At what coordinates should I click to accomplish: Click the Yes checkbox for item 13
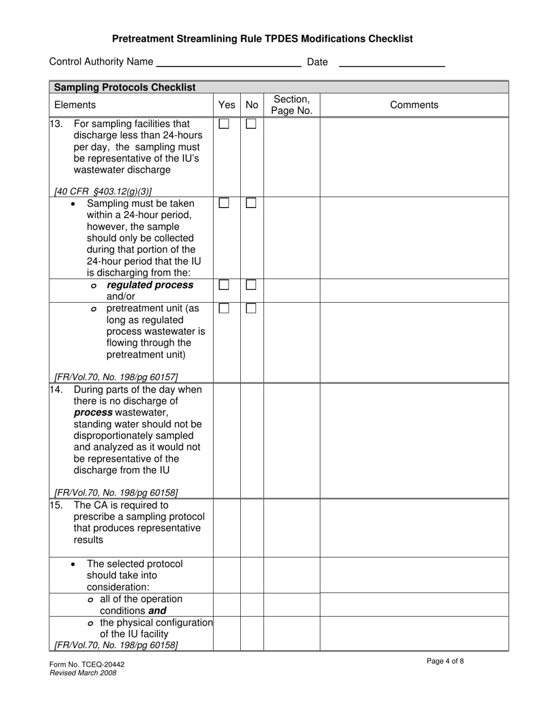coord(224,124)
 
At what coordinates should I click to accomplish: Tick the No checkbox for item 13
coord(251,124)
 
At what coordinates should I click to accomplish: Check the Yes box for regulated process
coord(224,284)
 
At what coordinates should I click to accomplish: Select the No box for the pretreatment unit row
coord(251,308)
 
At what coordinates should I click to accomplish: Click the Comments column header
coord(414,105)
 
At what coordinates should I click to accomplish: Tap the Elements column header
coord(75,105)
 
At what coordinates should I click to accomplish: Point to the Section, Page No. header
coord(291,105)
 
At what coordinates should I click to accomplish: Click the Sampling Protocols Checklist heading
coord(125,87)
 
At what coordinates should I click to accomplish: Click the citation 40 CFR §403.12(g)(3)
coord(103,191)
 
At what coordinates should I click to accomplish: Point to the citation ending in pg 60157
coord(116,377)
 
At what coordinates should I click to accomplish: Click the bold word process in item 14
coord(93,413)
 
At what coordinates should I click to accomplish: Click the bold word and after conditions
coord(157,611)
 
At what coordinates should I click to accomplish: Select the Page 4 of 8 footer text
coord(445,661)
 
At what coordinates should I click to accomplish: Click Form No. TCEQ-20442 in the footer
coord(87,665)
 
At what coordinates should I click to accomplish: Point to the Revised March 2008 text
coord(83,673)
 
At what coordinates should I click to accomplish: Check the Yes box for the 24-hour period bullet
coord(224,203)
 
